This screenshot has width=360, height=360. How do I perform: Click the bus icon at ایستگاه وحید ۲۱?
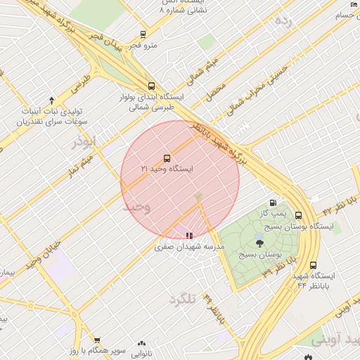click(167, 158)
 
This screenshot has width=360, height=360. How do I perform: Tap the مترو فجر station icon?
click(143, 34)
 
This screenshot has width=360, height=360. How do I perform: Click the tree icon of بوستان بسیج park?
click(260, 243)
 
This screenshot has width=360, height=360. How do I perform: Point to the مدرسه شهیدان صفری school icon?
click(188, 236)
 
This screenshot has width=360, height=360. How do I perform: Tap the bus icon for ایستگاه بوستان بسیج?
click(299, 216)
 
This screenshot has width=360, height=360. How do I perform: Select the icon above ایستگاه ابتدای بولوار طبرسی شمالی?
click(151, 86)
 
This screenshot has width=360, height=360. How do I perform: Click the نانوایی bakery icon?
click(142, 344)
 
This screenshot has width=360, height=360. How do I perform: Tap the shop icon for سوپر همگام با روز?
click(97, 341)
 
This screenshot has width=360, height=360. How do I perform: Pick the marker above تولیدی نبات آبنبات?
click(51, 101)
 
